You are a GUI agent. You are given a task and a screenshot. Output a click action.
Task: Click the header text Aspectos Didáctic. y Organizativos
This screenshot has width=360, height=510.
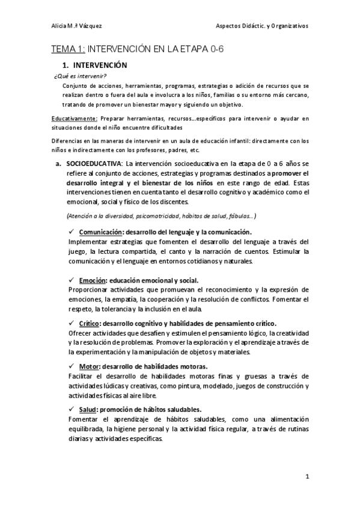click(x=261, y=26)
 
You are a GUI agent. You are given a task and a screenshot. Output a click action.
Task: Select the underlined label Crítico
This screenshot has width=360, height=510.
click(x=90, y=323)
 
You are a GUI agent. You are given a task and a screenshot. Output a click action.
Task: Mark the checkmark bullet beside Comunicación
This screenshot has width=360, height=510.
click(x=72, y=231)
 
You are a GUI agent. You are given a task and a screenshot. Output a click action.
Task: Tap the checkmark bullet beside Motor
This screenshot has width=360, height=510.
click(x=72, y=366)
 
